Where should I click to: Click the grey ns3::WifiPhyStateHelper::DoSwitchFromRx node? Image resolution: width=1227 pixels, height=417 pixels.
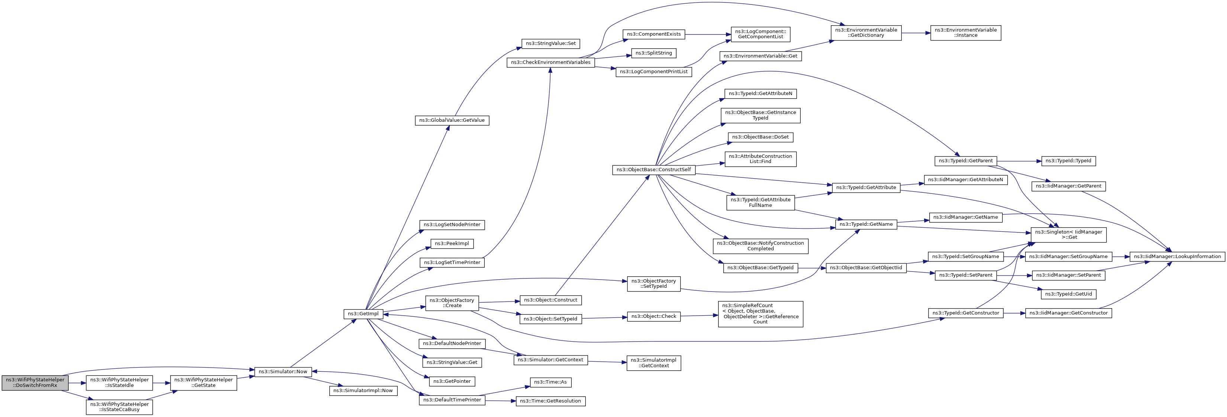click(35, 383)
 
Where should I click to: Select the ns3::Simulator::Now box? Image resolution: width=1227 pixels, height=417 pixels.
click(283, 371)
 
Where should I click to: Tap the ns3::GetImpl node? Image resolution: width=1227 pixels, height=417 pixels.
click(363, 314)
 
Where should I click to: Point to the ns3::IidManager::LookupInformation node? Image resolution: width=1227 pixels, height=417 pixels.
click(1177, 257)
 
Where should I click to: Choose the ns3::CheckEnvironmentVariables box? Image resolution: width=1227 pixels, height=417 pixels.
click(550, 62)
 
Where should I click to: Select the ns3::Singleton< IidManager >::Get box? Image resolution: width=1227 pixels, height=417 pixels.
click(1068, 235)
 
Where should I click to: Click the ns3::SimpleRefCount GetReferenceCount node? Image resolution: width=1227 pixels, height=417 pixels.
click(760, 314)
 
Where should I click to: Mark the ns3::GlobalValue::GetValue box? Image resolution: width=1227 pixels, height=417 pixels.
click(452, 120)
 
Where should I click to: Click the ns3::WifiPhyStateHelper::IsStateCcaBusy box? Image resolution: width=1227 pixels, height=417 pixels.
click(120, 407)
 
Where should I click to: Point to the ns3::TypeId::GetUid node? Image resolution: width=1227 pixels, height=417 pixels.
click(1068, 294)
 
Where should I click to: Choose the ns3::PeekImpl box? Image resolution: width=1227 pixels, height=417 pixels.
click(452, 244)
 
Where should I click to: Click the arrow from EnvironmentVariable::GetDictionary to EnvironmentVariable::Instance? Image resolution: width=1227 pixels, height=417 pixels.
click(916, 33)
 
